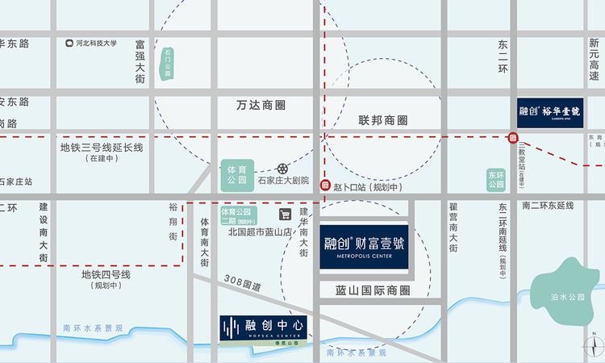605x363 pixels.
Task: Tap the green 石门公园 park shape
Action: pos(168,62)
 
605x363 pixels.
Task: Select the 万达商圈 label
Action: pos(261,105)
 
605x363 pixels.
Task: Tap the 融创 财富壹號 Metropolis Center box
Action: pos(365,245)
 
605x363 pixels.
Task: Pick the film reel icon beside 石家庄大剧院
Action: pos(282,169)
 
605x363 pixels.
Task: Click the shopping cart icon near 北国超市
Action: pos(285,214)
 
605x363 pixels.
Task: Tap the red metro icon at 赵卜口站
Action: pos(325,186)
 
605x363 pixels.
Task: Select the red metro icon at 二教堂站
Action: pos(513,138)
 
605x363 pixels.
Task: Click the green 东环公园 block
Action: pos(495,179)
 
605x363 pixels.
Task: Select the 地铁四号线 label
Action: pos(106,274)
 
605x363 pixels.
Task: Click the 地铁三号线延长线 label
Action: pos(101,148)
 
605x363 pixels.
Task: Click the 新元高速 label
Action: pos(595,61)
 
